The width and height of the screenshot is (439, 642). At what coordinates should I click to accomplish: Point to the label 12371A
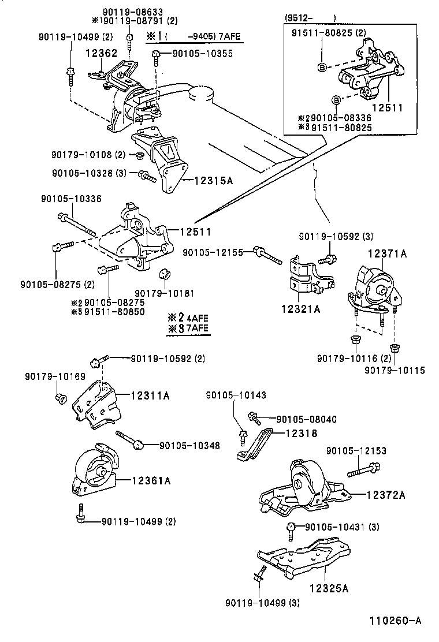pos(388,253)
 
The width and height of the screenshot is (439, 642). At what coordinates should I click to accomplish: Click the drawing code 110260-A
pos(396,621)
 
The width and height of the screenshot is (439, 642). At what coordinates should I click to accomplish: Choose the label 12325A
pos(329,589)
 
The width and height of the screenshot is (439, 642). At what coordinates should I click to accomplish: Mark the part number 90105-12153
pos(356,450)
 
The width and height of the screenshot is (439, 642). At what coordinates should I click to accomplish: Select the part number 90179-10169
pos(55,376)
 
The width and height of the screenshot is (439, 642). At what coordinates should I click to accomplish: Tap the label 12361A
pos(151,480)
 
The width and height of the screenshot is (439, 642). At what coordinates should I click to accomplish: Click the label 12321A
pos(301,309)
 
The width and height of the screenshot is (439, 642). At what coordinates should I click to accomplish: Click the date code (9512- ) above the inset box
pos(310,18)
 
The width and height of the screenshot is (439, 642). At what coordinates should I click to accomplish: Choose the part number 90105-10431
pos(334,527)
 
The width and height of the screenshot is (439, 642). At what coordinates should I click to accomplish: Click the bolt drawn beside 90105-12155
pos(269,253)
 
